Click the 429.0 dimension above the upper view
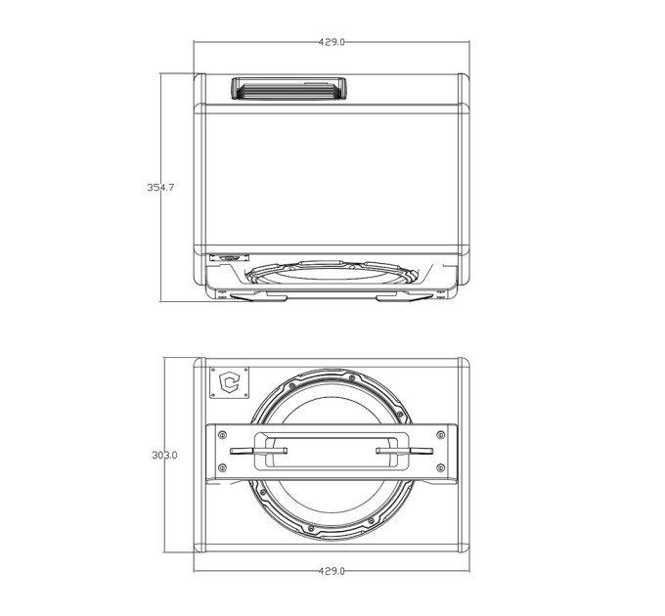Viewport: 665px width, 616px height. pos(332,42)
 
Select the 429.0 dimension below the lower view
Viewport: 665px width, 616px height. pos(332,571)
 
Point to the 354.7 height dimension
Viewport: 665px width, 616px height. pos(160,187)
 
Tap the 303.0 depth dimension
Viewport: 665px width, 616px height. pos(164,455)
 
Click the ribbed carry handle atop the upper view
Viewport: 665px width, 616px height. pos(288,88)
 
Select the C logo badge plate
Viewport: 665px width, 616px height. pos(230,383)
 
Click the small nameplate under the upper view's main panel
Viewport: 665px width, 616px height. pos(230,257)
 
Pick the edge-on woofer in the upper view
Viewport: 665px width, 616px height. pos(332,271)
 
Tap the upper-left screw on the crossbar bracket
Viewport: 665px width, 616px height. pos(222,435)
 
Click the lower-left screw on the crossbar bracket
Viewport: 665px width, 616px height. pos(222,468)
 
